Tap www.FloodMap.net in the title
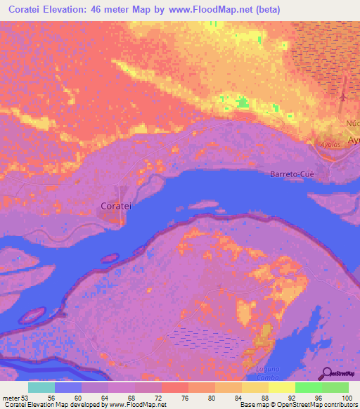coord(228,9)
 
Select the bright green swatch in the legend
coord(309,387)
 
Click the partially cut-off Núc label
coord(352,122)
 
